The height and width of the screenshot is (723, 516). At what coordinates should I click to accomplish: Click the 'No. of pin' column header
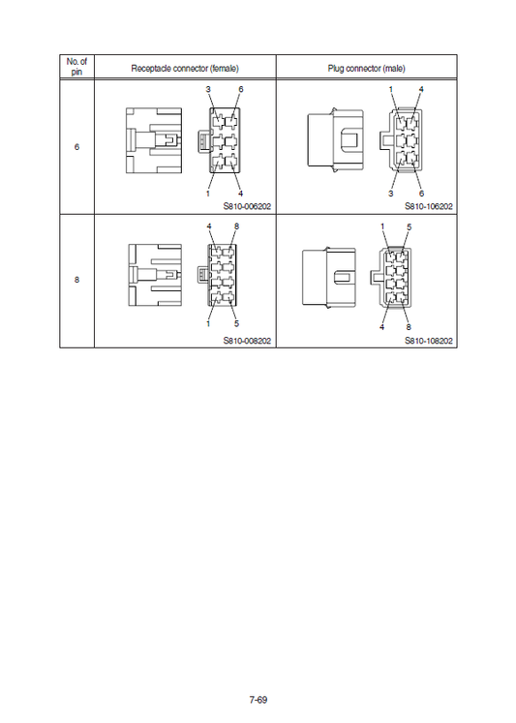click(x=76, y=67)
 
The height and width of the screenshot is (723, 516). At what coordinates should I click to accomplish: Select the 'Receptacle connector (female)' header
click(x=185, y=68)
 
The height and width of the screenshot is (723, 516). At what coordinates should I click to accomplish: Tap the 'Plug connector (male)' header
click(x=366, y=68)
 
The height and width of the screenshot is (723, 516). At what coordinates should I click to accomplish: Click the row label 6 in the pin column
click(x=76, y=147)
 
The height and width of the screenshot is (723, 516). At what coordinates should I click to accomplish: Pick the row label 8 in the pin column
click(x=76, y=280)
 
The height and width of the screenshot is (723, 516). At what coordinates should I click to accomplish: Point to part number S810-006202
click(x=246, y=206)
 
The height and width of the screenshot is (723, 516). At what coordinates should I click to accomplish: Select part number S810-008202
click(x=246, y=340)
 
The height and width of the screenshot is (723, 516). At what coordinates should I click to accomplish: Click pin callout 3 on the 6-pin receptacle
click(x=208, y=89)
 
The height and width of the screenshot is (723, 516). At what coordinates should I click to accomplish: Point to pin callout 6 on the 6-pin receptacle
click(x=240, y=89)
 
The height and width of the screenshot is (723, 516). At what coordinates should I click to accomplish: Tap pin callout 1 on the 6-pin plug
click(x=390, y=89)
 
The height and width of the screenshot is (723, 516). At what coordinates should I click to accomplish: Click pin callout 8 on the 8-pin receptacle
click(x=236, y=226)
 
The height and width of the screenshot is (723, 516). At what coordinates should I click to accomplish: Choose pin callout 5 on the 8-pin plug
click(x=410, y=226)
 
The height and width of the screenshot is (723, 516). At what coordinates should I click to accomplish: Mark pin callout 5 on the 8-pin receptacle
click(x=236, y=322)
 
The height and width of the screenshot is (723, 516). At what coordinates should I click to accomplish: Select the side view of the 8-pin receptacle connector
click(x=155, y=277)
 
